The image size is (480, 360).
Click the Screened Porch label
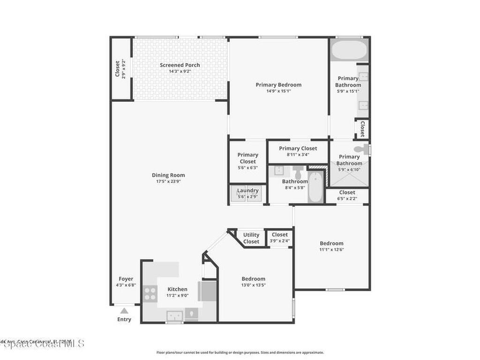pyautogui.click(x=180, y=65)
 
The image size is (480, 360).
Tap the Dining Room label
pyautogui.click(x=168, y=175)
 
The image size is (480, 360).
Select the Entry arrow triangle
pyautogui.click(x=124, y=310)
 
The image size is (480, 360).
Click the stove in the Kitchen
pyautogui.click(x=150, y=294)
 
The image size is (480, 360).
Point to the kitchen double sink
pyautogui.click(x=174, y=316)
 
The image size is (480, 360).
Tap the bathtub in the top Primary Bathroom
pyautogui.click(x=349, y=50)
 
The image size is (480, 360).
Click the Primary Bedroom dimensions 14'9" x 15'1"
pyautogui.click(x=278, y=91)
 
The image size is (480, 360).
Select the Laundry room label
pyautogui.click(x=247, y=190)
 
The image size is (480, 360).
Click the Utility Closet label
pyautogui.click(x=251, y=238)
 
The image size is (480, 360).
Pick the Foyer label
pyautogui.click(x=126, y=279)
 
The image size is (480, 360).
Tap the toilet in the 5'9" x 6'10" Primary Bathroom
pyautogui.click(x=362, y=150)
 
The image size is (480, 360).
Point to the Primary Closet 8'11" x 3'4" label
pyautogui.click(x=298, y=149)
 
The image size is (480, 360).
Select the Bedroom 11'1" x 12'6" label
pyautogui.click(x=331, y=243)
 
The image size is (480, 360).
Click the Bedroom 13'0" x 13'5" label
pyautogui.click(x=253, y=279)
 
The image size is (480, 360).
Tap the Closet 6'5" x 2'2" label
pyautogui.click(x=347, y=192)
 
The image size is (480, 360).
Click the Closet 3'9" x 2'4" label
pyautogui.click(x=279, y=235)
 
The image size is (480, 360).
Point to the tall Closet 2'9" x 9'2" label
pyautogui.click(x=117, y=69)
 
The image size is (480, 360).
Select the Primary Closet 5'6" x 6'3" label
pyautogui.click(x=247, y=158)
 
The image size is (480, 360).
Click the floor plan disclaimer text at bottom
pyautogui.click(x=240, y=352)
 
